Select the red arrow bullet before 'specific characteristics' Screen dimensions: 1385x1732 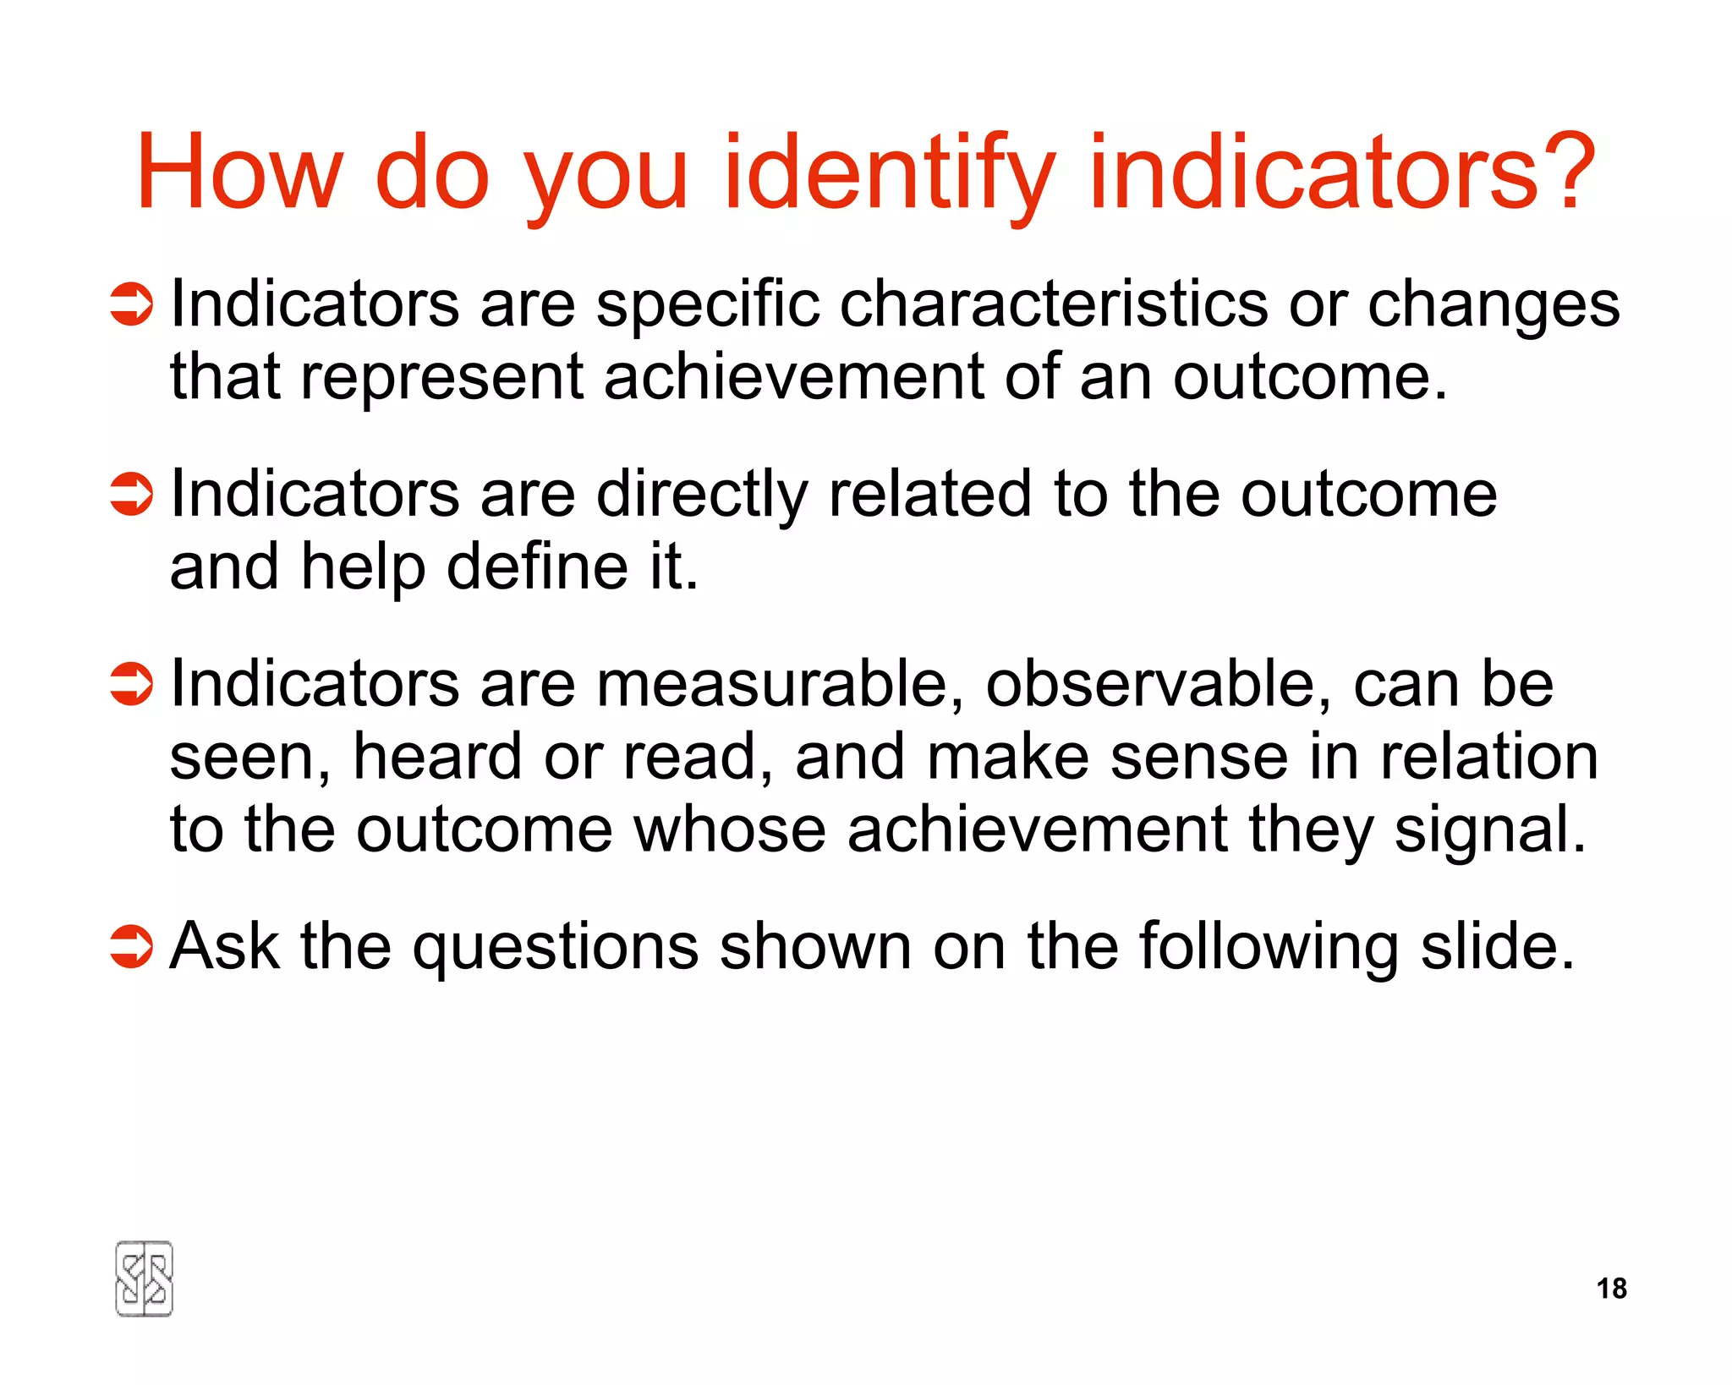(131, 304)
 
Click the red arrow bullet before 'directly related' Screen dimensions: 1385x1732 (131, 494)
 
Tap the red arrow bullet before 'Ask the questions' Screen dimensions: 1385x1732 (131, 946)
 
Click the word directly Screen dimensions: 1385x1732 (701, 495)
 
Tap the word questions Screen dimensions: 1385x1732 (555, 948)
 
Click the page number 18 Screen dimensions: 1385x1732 (1611, 1288)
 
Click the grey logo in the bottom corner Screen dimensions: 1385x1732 (144, 1278)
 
